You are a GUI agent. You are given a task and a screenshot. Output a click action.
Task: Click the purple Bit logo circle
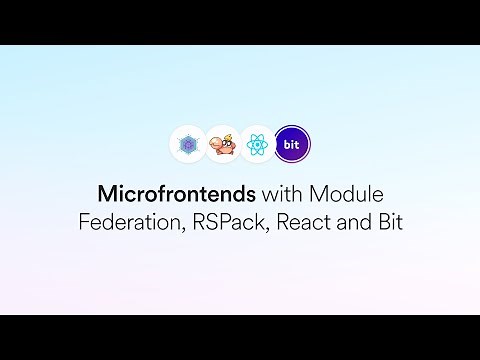point(292,144)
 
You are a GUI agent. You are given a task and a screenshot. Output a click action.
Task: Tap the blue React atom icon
point(257,144)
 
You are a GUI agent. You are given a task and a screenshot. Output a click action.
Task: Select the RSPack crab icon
point(222,144)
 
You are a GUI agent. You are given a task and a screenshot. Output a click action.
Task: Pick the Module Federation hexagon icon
point(187,144)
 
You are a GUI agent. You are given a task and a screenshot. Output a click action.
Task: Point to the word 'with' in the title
point(257,191)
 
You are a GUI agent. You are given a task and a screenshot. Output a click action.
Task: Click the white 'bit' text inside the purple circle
point(292,144)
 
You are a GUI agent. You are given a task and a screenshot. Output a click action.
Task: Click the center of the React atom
point(257,145)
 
